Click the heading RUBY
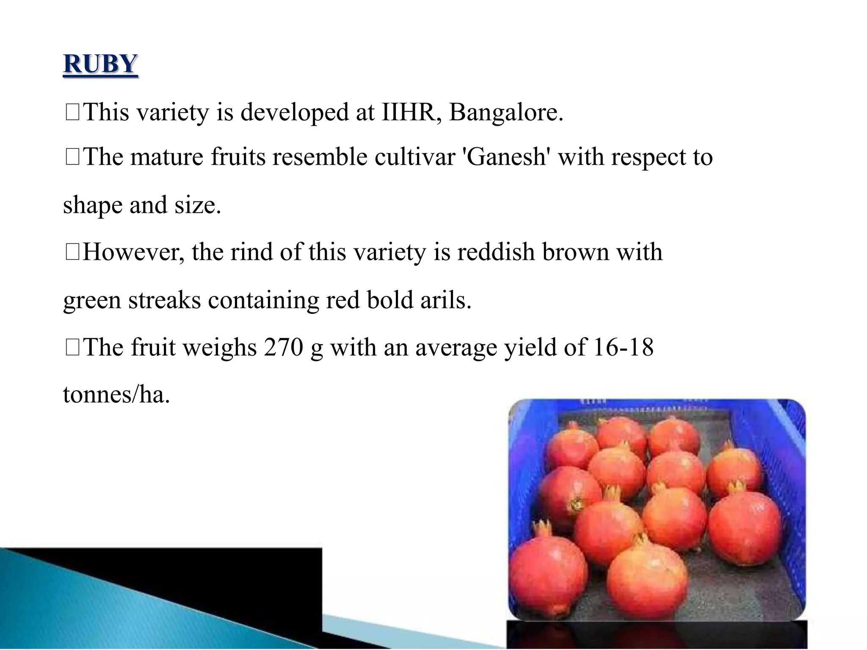coord(100,64)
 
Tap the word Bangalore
coord(506,113)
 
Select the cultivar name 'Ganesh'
coord(507,157)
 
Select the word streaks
coord(164,300)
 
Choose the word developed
coord(295,113)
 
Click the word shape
coord(92,206)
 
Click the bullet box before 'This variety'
coord(73,113)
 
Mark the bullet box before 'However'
coord(73,253)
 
